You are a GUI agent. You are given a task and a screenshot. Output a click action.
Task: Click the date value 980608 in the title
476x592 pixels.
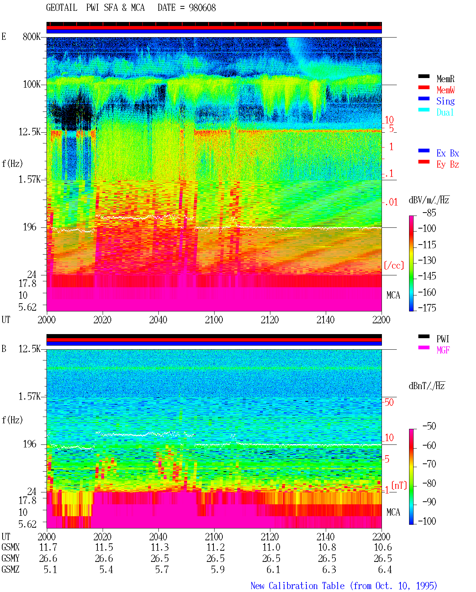202,8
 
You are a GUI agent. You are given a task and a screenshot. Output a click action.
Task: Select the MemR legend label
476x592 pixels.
446,79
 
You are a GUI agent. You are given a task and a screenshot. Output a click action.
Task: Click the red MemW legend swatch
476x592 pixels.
424,87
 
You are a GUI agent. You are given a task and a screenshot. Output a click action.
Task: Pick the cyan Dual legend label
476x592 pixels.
445,112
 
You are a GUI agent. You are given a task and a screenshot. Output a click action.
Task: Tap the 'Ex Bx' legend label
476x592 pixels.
448,153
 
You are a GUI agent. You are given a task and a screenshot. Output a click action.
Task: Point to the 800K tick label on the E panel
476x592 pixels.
32,36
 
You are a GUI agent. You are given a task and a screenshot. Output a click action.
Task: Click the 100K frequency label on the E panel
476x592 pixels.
32,84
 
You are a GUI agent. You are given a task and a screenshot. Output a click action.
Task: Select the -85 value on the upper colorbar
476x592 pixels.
429,213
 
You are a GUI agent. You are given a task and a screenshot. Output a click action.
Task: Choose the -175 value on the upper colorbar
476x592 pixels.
427,308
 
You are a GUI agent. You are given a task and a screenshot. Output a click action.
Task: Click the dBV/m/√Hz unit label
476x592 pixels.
429,200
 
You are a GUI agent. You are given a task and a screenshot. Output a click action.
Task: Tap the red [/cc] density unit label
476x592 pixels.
394,265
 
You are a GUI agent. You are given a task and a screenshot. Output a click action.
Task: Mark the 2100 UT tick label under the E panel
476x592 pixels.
214,320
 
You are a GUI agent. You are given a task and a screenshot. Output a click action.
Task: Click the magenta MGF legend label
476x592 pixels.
443,350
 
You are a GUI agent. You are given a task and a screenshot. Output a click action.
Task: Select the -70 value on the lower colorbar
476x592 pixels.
430,464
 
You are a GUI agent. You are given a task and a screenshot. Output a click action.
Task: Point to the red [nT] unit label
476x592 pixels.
399,485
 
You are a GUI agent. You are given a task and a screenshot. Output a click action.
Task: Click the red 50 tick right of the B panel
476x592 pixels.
389,402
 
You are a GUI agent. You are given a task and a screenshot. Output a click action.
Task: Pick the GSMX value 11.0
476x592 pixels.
271,547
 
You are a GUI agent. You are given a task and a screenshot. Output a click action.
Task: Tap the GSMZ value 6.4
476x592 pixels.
385,569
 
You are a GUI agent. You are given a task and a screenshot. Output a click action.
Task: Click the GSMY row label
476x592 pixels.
10,558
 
